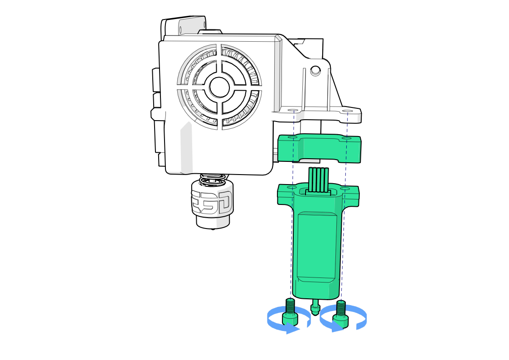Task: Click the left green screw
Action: click(290, 311)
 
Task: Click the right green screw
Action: click(341, 313)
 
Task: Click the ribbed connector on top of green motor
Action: click(319, 181)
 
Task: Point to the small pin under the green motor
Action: click(315, 306)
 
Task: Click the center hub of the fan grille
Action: click(219, 87)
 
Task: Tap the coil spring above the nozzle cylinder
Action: click(213, 180)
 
